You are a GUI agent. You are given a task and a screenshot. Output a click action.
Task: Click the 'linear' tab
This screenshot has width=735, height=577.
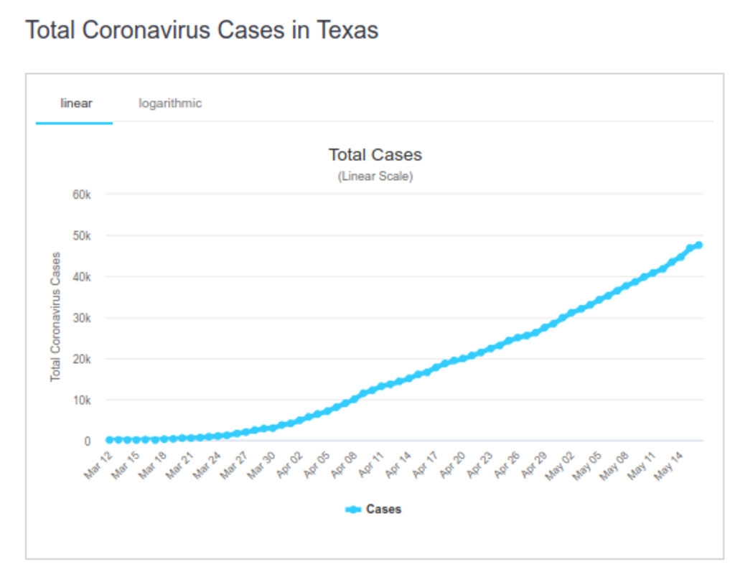pyautogui.click(x=76, y=103)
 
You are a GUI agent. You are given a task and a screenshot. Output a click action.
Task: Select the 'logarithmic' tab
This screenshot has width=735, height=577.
pyautogui.click(x=170, y=103)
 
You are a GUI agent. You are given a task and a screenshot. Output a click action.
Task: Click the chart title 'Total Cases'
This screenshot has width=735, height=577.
pyautogui.click(x=375, y=155)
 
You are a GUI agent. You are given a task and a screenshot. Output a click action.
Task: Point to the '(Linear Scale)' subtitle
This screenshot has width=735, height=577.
pyautogui.click(x=375, y=177)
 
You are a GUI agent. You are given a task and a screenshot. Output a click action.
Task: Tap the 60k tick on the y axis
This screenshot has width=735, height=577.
pyautogui.click(x=80, y=195)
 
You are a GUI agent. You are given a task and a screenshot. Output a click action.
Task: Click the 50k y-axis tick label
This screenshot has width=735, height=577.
pyautogui.click(x=80, y=236)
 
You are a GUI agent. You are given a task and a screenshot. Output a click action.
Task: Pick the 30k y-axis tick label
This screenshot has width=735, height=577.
pyautogui.click(x=80, y=318)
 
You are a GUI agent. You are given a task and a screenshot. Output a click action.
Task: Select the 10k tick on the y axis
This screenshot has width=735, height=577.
pyautogui.click(x=80, y=400)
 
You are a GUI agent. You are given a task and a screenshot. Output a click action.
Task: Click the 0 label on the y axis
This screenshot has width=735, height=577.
pyautogui.click(x=86, y=441)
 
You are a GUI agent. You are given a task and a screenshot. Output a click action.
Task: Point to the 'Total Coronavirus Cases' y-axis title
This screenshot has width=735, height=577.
pyautogui.click(x=55, y=316)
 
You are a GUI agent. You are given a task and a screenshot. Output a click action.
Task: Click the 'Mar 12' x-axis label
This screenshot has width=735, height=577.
pyautogui.click(x=98, y=465)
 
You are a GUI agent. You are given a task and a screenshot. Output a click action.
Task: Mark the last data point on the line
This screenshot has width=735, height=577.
pyautogui.click(x=698, y=245)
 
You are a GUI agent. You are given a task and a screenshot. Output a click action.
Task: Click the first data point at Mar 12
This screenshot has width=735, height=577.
pyautogui.click(x=110, y=440)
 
